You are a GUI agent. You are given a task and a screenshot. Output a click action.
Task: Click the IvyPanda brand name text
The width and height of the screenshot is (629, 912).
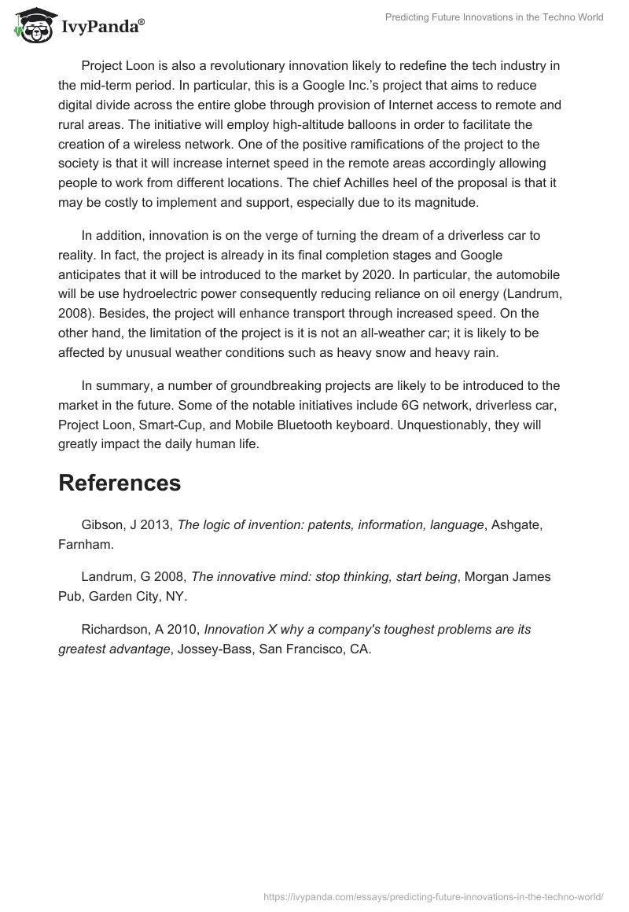pos(100,28)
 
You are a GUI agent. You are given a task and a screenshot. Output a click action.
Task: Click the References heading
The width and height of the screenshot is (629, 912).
pos(120,483)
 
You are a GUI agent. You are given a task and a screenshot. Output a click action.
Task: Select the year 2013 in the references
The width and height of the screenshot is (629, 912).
pos(156,525)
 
